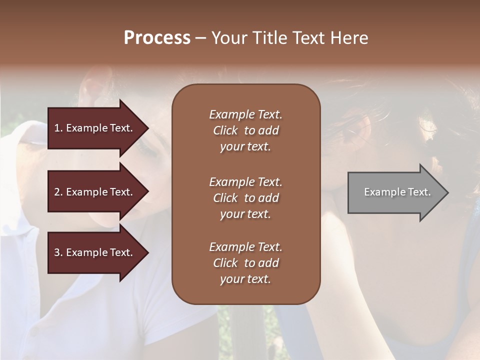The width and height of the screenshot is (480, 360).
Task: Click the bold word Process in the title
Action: coord(157,38)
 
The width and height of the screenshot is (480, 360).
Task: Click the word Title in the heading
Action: coord(270,38)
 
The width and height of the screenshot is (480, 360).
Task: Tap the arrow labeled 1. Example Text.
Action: coord(95,128)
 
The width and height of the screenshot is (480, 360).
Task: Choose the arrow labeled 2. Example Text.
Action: coord(95,192)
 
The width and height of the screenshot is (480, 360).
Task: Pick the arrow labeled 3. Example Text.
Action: coord(95,252)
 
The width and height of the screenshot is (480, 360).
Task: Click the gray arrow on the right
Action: coord(395,192)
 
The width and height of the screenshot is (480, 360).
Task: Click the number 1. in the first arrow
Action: coord(58,128)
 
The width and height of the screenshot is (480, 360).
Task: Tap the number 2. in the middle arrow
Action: coord(58,192)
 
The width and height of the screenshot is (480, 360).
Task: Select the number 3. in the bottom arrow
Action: coord(58,252)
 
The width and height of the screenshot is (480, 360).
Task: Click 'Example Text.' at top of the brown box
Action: coord(245,114)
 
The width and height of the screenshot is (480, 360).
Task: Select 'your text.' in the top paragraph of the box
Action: coord(245,147)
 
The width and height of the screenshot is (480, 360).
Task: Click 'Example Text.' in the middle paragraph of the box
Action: coord(245,181)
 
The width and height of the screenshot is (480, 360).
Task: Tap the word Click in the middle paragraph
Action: coord(225,198)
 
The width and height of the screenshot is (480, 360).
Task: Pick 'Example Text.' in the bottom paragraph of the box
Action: coord(245,247)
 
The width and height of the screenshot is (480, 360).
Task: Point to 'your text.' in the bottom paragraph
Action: coord(245,279)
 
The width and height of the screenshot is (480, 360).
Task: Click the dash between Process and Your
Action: coord(200,38)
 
